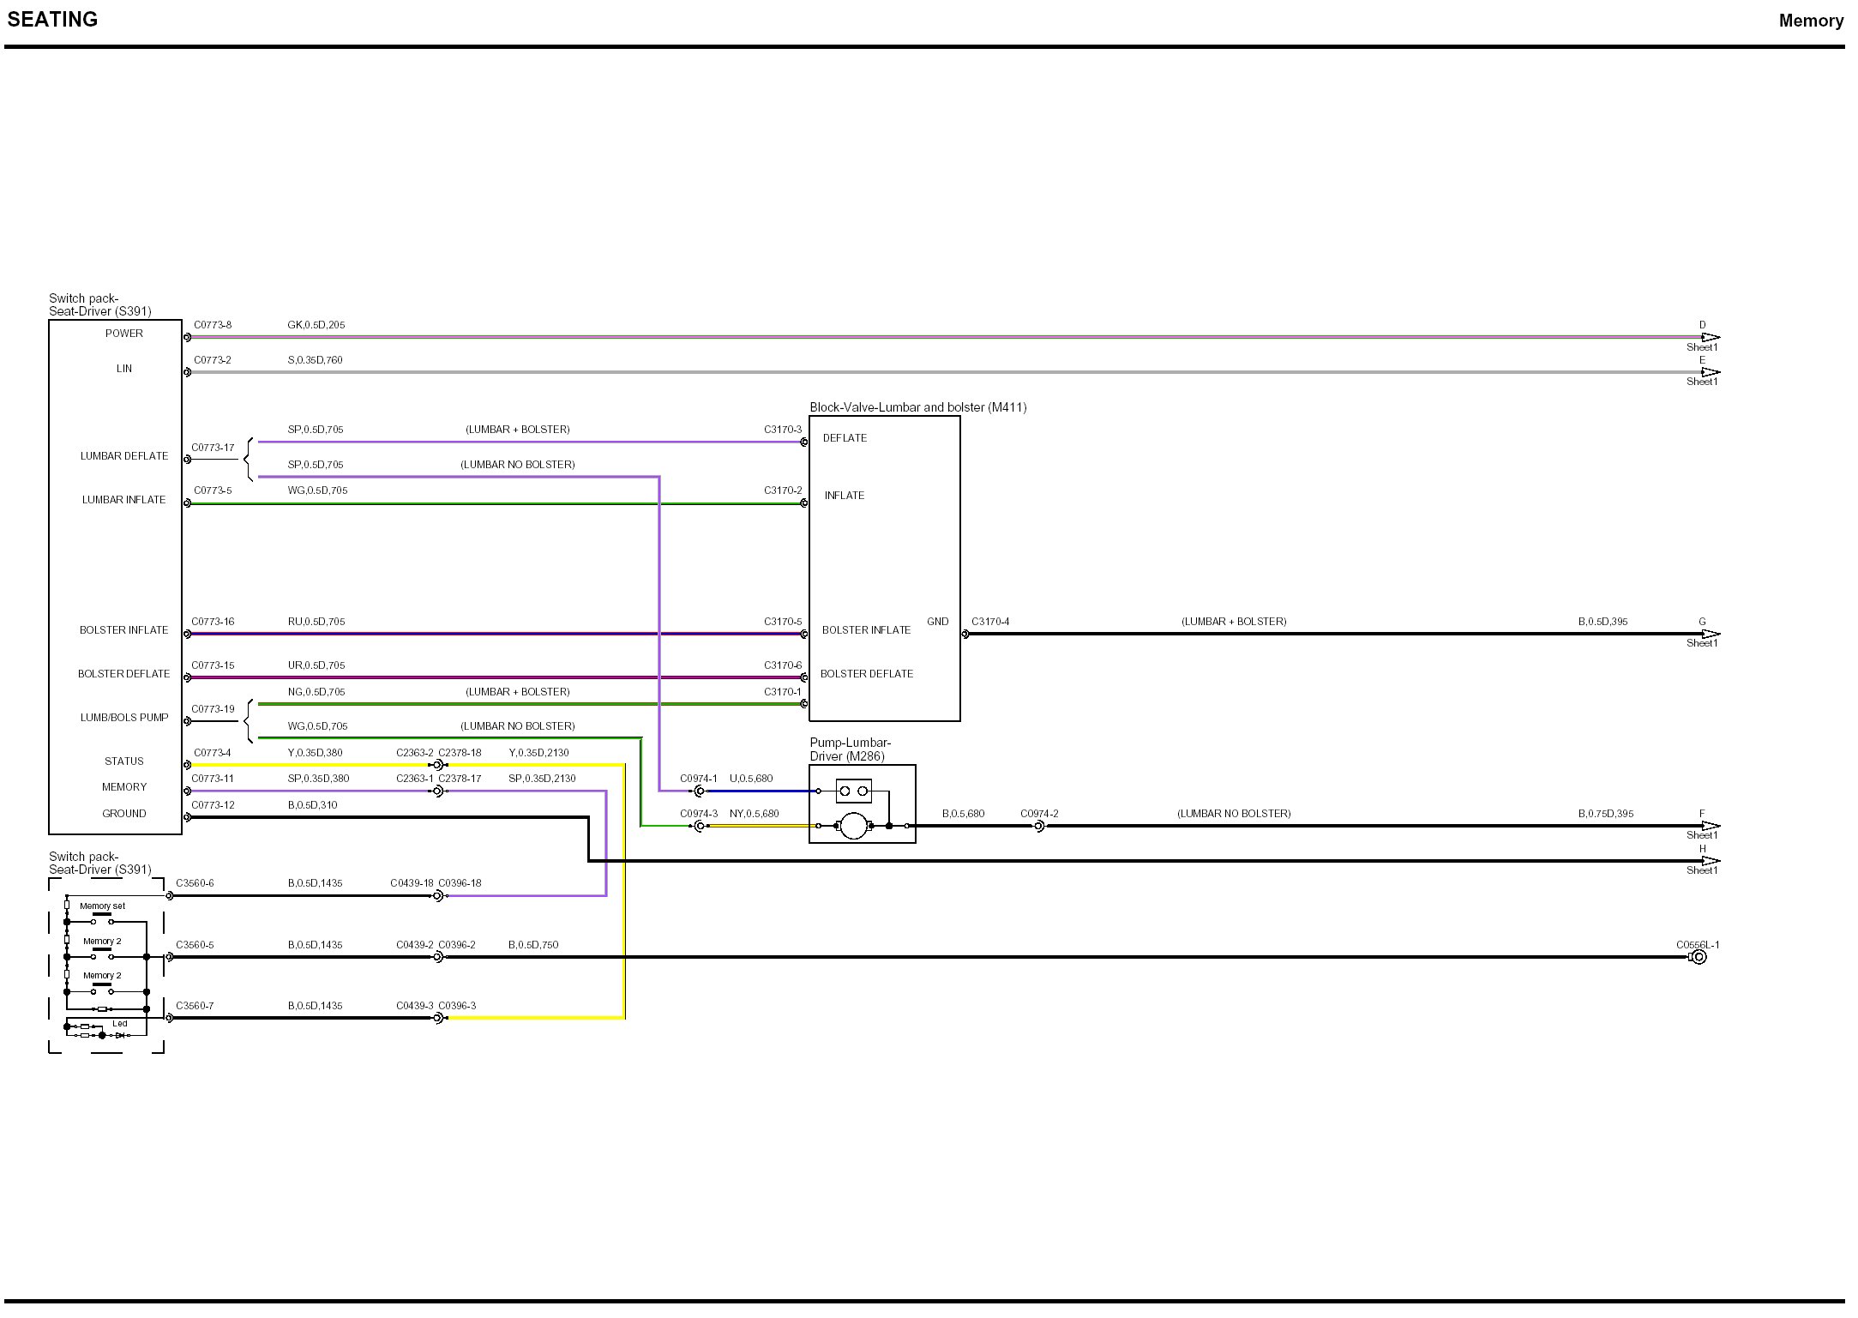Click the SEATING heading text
(x=52, y=20)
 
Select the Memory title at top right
(x=1810, y=21)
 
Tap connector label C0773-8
(x=213, y=325)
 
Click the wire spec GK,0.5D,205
(x=316, y=325)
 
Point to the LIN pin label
(x=124, y=369)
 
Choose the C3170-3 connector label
(x=783, y=430)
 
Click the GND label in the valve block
(x=937, y=622)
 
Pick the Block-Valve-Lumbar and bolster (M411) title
(x=917, y=407)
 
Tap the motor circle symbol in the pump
(x=853, y=826)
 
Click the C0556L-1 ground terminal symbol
(x=1699, y=957)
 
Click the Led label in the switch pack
(x=120, y=1024)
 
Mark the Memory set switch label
(x=102, y=906)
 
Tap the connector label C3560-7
(x=195, y=1006)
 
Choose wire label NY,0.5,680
(x=754, y=814)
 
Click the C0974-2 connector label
(x=1039, y=814)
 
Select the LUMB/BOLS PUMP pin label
(x=124, y=718)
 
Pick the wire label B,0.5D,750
(x=533, y=945)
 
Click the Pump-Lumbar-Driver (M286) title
(x=850, y=749)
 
